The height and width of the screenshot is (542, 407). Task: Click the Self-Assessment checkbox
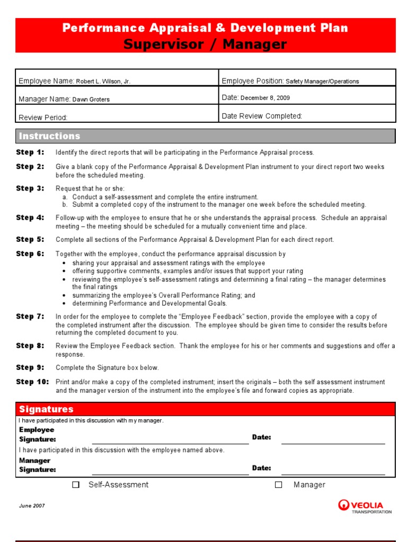tap(76, 485)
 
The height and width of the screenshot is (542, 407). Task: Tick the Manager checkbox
tap(278, 485)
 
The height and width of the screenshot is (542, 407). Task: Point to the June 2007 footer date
tap(32, 506)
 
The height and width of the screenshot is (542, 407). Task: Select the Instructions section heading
tap(49, 136)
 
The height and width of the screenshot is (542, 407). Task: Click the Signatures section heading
tap(46, 409)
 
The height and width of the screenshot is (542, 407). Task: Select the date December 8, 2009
tap(265, 98)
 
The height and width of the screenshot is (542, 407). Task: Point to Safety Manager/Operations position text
tap(322, 82)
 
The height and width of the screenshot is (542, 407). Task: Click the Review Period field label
tap(43, 118)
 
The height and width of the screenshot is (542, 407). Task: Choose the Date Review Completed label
tap(262, 116)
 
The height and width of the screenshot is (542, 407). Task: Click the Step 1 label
tap(30, 152)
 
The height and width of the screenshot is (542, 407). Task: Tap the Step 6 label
tap(30, 254)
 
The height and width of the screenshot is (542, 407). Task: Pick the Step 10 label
tap(32, 382)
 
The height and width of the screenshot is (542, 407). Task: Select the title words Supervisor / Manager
tap(205, 44)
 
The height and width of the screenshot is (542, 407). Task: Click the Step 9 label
tap(30, 367)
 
